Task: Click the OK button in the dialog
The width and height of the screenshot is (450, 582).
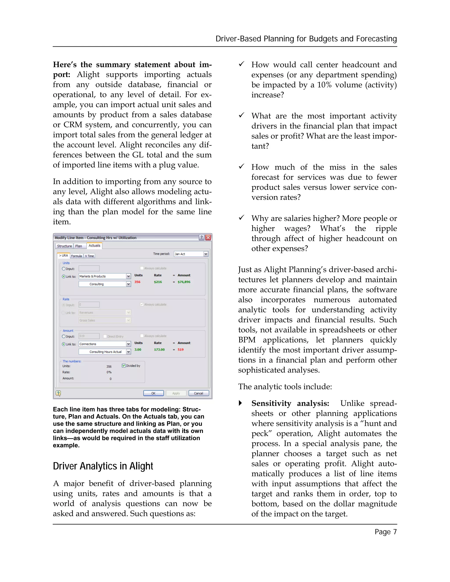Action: pyautogui.click(x=153, y=393)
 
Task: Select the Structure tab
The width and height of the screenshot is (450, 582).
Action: pyautogui.click(x=64, y=246)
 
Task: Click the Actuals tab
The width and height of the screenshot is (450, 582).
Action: pyautogui.click(x=94, y=246)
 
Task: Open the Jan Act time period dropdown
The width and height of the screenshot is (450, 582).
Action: pyautogui.click(x=205, y=254)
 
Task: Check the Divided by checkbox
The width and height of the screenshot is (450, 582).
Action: pyautogui.click(x=124, y=366)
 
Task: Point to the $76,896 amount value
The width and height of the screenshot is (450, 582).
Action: pyautogui.click(x=184, y=282)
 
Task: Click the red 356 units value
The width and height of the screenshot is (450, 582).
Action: pyautogui.click(x=137, y=282)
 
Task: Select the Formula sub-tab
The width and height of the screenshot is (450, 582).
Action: pyautogui.click(x=76, y=256)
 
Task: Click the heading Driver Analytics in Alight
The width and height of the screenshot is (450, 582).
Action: pyautogui.click(x=103, y=466)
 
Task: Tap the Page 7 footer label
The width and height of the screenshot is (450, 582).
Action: pyautogui.click(x=385, y=532)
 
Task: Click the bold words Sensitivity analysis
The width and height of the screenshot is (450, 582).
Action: pyautogui.click(x=290, y=403)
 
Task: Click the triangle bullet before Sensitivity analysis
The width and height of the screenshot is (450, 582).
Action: pyautogui.click(x=240, y=403)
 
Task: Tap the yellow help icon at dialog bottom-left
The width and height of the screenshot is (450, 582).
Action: pyautogui.click(x=58, y=393)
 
